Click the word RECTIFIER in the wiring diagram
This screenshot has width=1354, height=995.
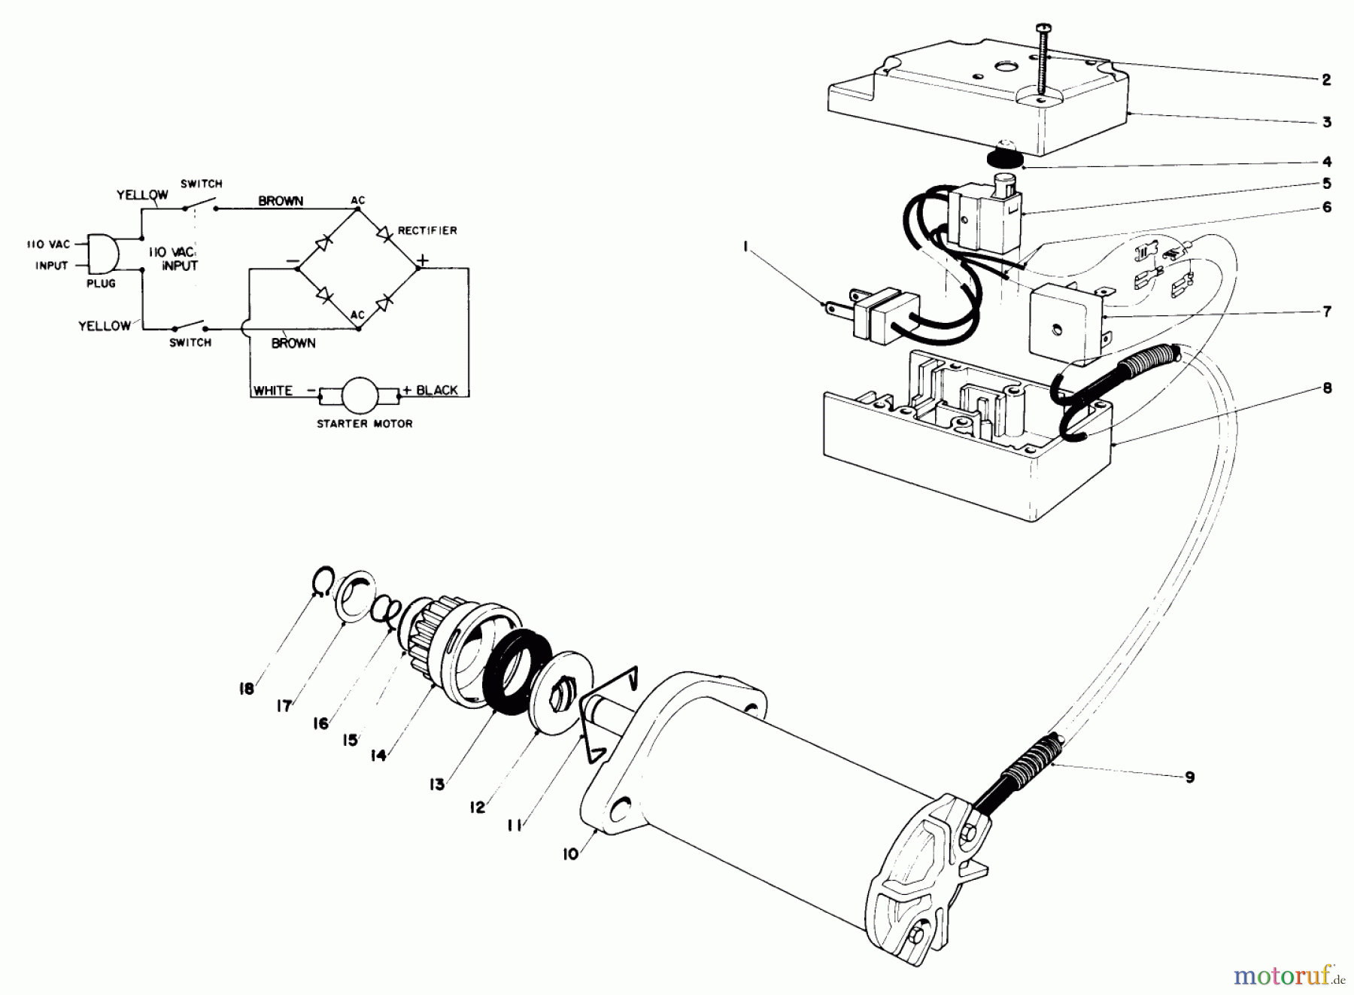click(x=427, y=230)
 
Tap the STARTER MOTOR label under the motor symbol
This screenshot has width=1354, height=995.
click(x=364, y=424)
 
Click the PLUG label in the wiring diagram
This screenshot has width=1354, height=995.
click(x=101, y=284)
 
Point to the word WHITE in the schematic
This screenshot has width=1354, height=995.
click(x=272, y=390)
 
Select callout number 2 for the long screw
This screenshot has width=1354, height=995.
click(x=1326, y=80)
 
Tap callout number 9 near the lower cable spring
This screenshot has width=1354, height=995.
click(x=1189, y=777)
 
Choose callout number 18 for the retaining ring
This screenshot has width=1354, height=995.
click(x=246, y=688)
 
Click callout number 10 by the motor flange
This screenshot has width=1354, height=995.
click(x=571, y=854)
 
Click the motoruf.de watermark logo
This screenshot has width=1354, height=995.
click(x=1288, y=976)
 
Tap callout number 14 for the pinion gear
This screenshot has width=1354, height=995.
click(x=378, y=754)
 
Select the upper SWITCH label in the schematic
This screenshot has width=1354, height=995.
click(x=201, y=184)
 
